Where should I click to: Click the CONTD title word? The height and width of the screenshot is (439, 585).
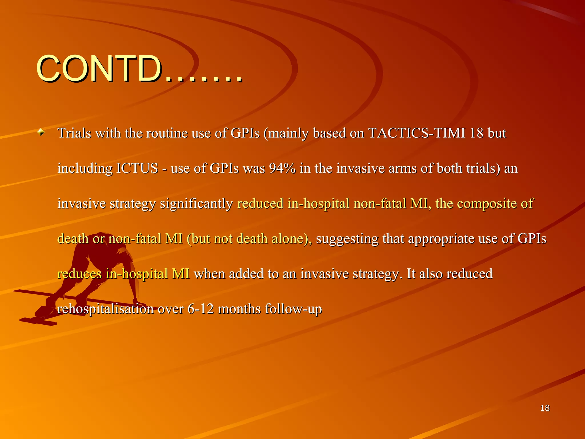[x=99, y=69]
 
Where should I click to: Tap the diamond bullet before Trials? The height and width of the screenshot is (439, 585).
[x=41, y=132]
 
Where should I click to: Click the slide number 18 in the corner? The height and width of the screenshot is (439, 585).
[x=545, y=408]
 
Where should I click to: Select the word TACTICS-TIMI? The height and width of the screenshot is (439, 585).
[x=417, y=133]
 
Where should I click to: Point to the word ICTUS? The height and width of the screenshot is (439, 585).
[x=137, y=168]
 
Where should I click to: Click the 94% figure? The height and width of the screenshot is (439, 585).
[x=282, y=168]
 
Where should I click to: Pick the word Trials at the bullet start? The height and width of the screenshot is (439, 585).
[x=74, y=133]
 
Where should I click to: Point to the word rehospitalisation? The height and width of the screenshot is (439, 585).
[x=105, y=309]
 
